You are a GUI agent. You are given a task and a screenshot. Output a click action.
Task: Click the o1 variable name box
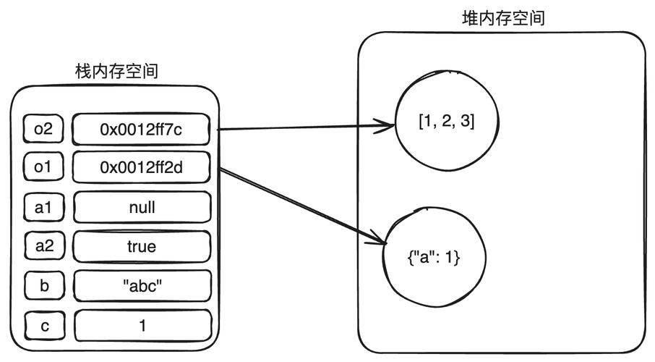pos(43,167)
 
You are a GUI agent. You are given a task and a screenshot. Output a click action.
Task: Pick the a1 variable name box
pos(43,207)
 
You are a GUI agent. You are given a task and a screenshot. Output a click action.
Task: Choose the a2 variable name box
pos(43,246)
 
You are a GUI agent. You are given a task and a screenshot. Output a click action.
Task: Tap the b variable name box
pos(43,285)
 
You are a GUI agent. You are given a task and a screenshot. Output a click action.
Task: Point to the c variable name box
pos(43,325)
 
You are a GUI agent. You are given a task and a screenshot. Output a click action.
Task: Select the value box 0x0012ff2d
pos(142,167)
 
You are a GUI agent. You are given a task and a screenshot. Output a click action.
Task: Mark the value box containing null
pos(142,207)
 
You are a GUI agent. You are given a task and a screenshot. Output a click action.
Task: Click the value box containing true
pos(142,246)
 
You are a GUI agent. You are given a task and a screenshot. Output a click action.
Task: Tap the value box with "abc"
pos(142,285)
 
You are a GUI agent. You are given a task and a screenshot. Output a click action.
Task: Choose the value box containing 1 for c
pos(142,325)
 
